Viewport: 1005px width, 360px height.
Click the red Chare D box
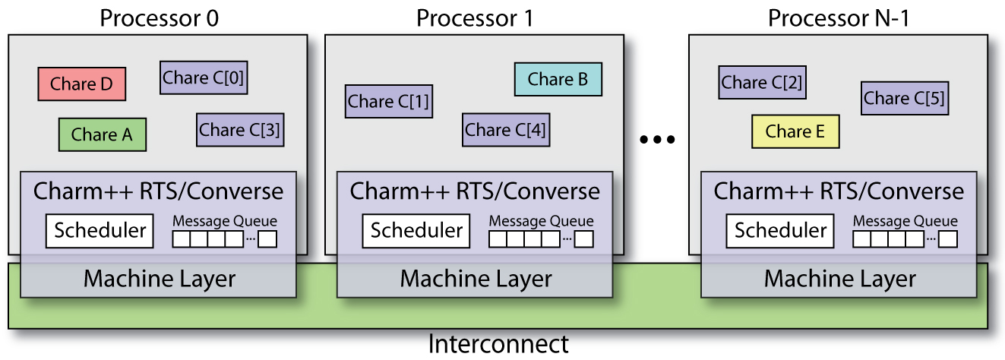point(81,84)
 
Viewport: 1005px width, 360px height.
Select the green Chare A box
point(102,134)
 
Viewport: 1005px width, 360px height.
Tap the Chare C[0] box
point(204,77)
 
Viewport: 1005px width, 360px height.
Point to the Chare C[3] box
point(239,130)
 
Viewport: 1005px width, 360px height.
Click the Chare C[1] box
point(388,101)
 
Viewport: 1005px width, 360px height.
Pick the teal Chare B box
point(558,79)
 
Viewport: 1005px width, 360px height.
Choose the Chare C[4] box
point(505,130)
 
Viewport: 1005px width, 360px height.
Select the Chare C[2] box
point(762,82)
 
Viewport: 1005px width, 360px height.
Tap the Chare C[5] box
point(905,98)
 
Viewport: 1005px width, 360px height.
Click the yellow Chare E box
point(795,131)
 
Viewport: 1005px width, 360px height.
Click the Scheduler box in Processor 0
point(100,230)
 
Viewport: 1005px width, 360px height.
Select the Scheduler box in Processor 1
point(417,230)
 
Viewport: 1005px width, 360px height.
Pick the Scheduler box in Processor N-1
point(780,230)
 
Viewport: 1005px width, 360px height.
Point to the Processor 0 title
point(159,17)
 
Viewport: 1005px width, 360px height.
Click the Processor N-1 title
point(839,17)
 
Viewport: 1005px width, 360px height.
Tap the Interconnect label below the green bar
point(498,344)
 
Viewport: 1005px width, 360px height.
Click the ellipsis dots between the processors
point(657,140)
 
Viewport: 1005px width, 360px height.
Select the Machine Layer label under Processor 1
point(476,279)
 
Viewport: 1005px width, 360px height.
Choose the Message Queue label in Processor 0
point(225,221)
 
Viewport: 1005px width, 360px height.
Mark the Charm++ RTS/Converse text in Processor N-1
point(839,191)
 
